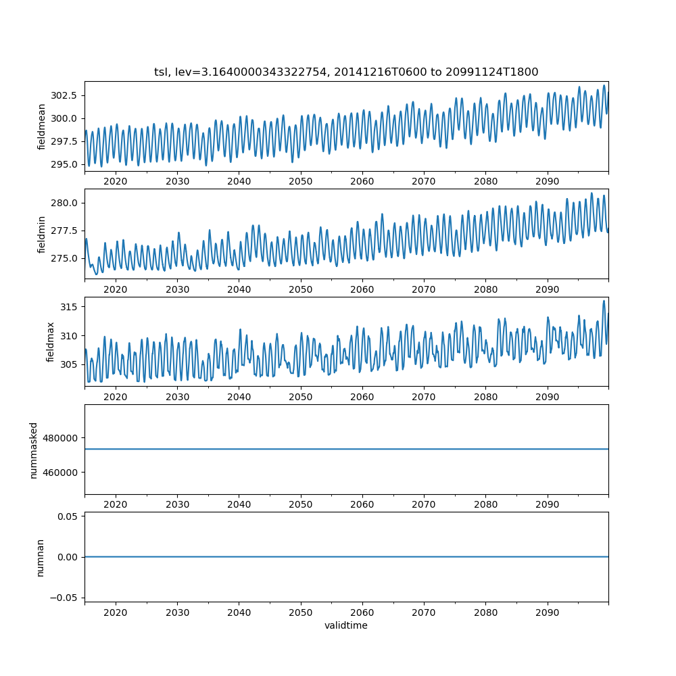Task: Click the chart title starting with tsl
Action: [346, 72]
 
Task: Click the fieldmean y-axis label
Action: [42, 126]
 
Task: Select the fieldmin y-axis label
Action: [42, 235]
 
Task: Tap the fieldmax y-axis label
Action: [51, 342]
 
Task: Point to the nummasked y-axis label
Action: [33, 450]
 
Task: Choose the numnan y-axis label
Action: [40, 558]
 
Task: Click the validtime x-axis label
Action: [346, 626]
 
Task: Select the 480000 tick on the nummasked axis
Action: [61, 437]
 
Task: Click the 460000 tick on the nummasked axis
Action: [61, 472]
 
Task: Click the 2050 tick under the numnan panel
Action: [301, 612]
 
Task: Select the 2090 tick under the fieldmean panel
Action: [548, 181]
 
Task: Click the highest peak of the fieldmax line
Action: [604, 301]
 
